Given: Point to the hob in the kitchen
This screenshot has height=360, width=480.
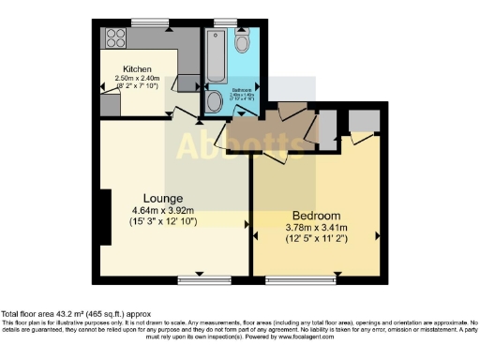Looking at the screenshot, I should pyautogui.click(x=116, y=38).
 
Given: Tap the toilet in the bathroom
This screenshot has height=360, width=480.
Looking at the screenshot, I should pyautogui.click(x=243, y=42).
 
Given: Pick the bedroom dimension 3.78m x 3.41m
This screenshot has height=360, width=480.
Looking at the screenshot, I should pyautogui.click(x=316, y=226).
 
